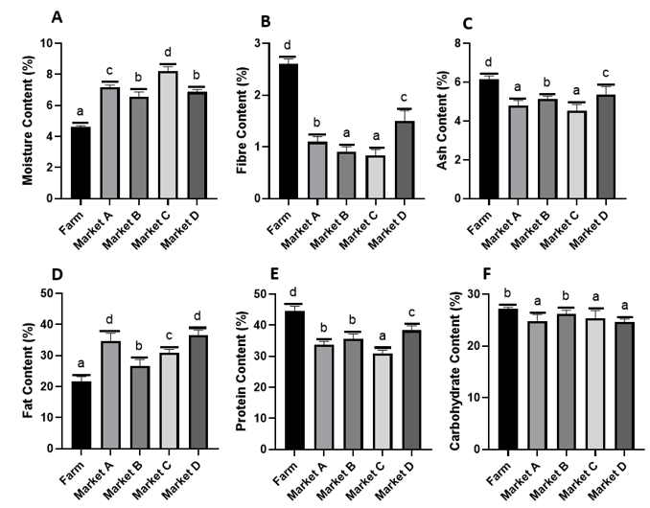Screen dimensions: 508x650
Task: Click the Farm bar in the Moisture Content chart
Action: point(81,162)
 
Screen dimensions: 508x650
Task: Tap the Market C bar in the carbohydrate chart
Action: point(568,383)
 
